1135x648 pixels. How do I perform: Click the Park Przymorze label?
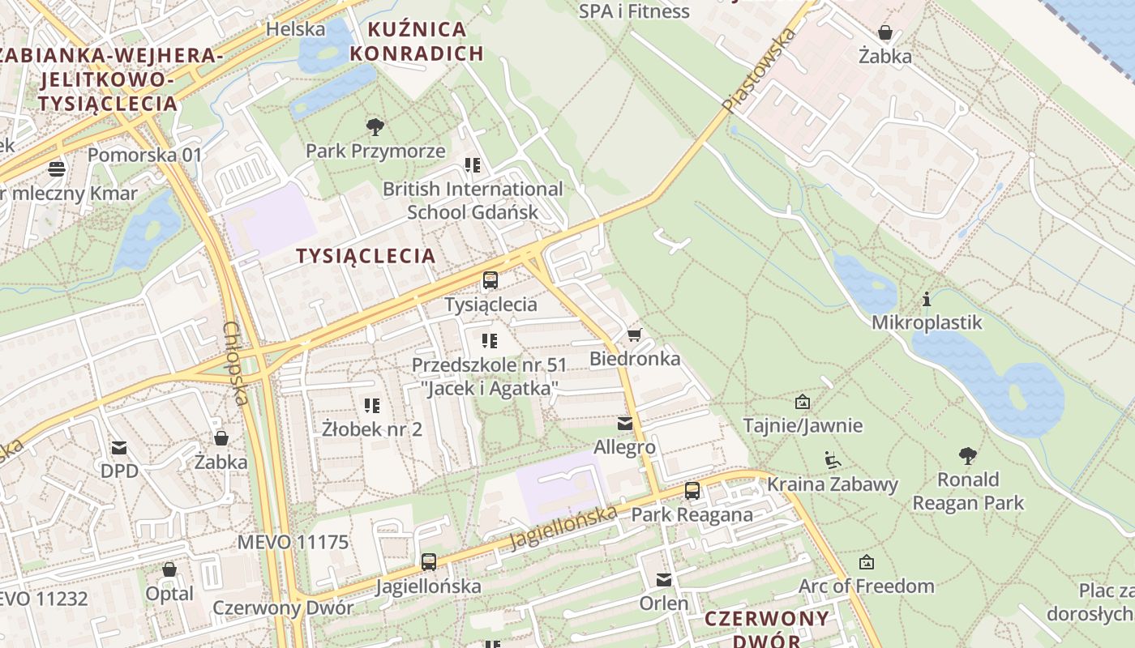(375, 151)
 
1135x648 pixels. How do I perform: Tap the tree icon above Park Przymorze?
(375, 127)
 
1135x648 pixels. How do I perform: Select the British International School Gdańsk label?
(473, 200)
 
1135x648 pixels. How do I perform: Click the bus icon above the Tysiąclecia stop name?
(490, 281)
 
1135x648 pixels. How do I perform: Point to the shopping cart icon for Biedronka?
(634, 335)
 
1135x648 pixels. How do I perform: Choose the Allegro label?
(624, 447)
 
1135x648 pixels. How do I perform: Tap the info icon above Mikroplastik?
(926, 299)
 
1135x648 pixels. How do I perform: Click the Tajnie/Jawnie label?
(803, 425)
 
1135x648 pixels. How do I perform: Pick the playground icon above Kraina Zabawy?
(832, 460)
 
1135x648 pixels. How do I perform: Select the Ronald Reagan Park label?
(968, 491)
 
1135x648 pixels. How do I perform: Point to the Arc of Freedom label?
(866, 586)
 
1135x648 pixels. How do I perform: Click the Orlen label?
(664, 603)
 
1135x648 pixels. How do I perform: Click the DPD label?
(119, 471)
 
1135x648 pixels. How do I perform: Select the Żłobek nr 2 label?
(372, 428)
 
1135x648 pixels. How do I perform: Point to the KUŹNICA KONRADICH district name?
(426, 42)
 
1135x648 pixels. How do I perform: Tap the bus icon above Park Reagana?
(692, 490)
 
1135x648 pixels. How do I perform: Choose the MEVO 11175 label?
(293, 542)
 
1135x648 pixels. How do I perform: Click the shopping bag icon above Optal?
(169, 569)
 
